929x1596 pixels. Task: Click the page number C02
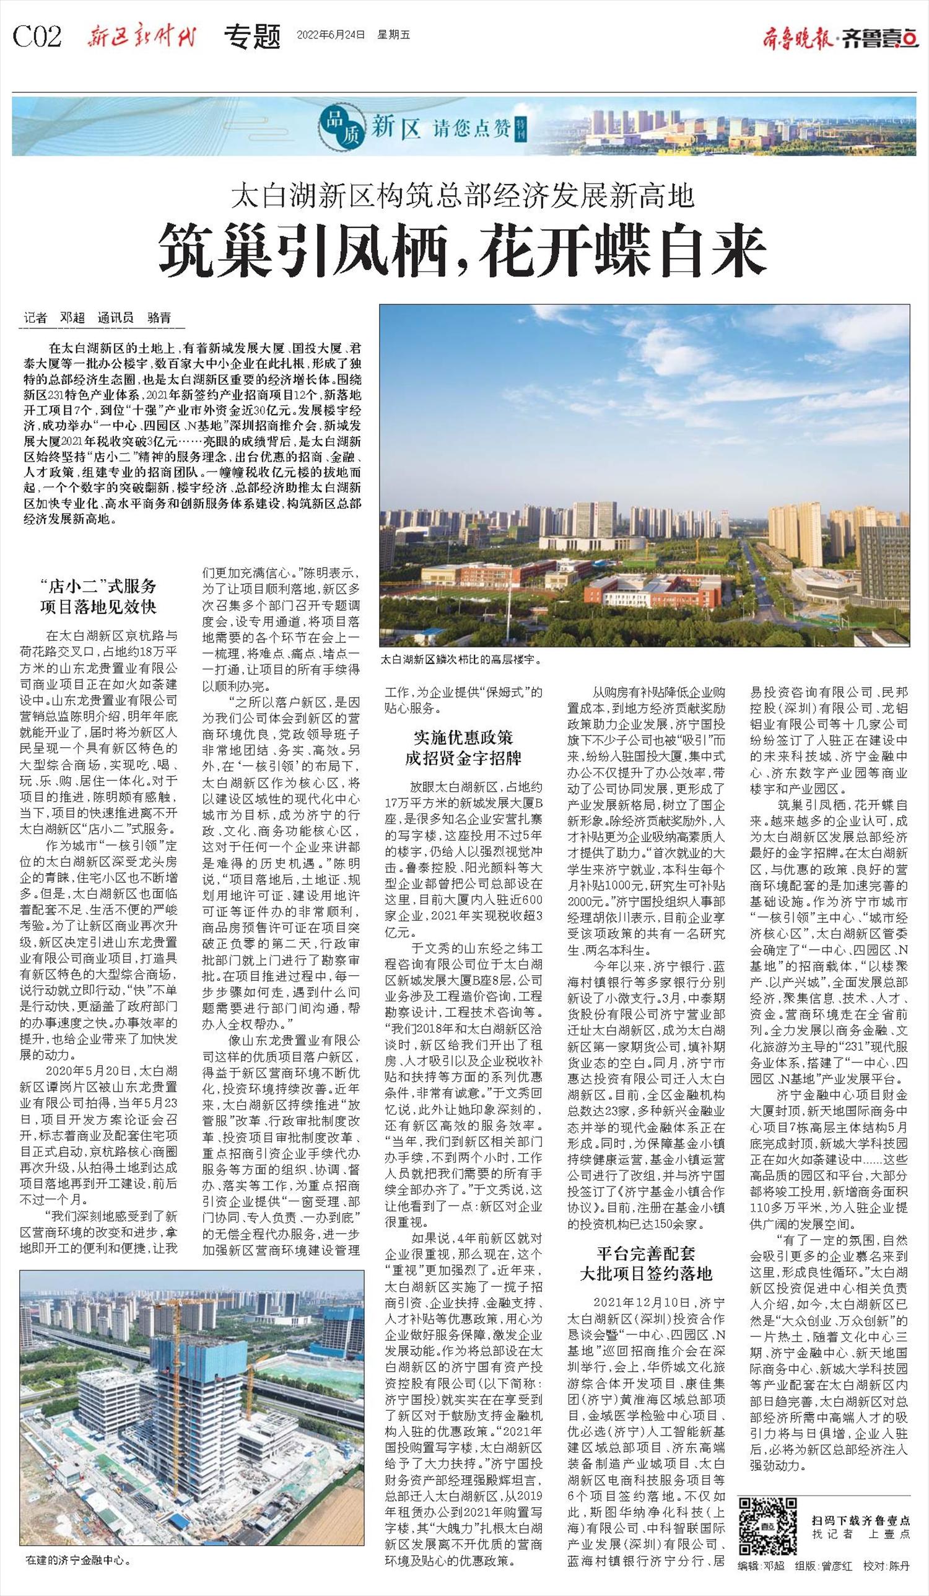click(x=38, y=37)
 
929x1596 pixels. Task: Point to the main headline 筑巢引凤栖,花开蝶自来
click(x=463, y=252)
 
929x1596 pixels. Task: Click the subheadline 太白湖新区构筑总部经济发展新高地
click(x=463, y=197)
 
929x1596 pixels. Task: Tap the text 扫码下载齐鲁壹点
click(x=861, y=1515)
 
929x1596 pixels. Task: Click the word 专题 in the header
click(x=253, y=37)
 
